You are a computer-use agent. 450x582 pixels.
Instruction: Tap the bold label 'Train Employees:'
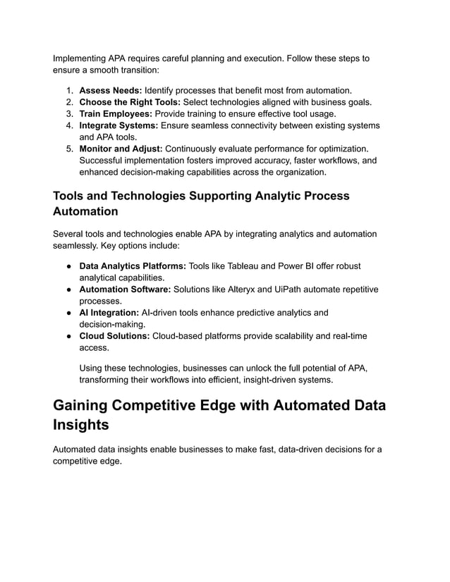[x=116, y=113]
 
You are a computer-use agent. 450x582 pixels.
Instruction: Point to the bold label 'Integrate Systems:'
[x=118, y=125]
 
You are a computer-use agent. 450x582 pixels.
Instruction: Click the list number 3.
[x=70, y=113]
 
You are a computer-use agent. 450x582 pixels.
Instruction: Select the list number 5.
[x=70, y=149]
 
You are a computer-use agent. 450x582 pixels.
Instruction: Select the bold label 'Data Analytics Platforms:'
[x=133, y=266]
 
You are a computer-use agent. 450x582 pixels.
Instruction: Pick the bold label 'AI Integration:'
[x=109, y=313]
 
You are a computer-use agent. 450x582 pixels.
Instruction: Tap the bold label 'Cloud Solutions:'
[x=114, y=336]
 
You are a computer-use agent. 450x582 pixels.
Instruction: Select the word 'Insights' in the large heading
[x=81, y=426]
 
